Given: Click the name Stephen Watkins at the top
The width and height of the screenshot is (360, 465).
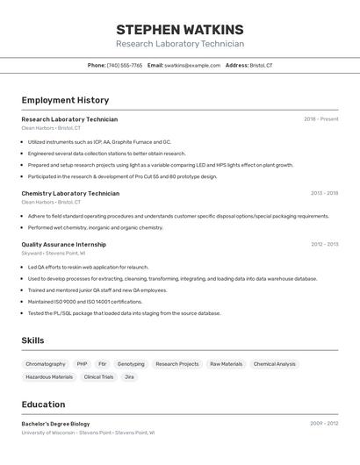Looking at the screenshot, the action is click(x=179, y=29).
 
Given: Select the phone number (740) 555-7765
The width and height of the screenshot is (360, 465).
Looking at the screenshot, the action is click(x=125, y=65).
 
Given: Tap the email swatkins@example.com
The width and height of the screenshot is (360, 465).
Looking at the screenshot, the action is click(x=191, y=65).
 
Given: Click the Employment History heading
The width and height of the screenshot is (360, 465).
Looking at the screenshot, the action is click(x=65, y=100).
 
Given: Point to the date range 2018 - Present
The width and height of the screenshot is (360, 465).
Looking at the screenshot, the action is click(x=320, y=118).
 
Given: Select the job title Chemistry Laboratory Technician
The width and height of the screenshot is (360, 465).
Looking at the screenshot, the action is click(x=70, y=193).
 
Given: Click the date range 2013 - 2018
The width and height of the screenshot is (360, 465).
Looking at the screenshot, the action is click(x=324, y=193).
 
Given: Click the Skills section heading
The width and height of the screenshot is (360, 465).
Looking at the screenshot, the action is click(x=32, y=340).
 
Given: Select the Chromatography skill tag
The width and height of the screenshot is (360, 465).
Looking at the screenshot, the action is click(x=46, y=363).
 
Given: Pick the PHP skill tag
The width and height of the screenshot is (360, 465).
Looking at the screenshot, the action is click(x=82, y=363).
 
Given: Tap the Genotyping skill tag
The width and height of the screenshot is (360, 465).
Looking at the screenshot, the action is click(x=131, y=363).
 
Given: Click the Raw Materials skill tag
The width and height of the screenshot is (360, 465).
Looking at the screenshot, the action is click(x=226, y=363).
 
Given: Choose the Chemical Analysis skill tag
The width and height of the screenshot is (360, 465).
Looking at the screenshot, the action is click(x=275, y=363).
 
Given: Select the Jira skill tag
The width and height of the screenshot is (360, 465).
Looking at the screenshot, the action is click(x=129, y=376).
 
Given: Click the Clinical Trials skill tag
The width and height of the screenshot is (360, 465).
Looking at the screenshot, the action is click(x=98, y=376).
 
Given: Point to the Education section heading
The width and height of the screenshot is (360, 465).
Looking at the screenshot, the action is click(x=43, y=404).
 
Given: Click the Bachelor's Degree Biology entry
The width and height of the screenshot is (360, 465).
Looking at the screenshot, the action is click(x=55, y=424).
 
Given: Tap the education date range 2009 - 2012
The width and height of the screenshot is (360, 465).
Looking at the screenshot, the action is click(x=323, y=423).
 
